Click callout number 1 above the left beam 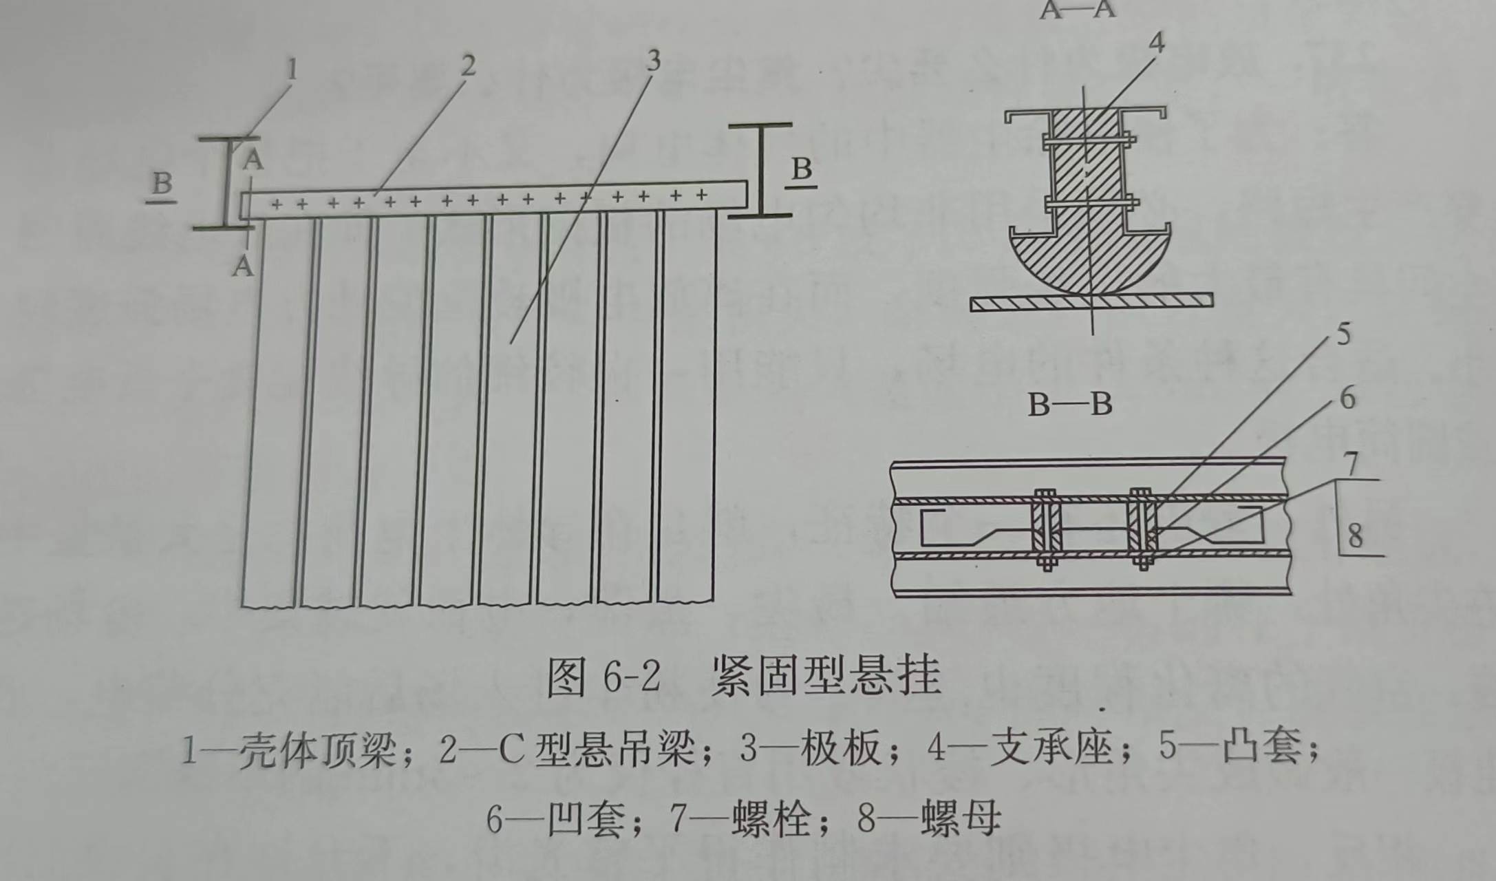click(x=292, y=70)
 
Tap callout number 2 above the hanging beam click(x=468, y=66)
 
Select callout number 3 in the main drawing click(x=652, y=61)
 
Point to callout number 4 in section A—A click(x=1157, y=43)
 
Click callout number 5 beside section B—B click(x=1343, y=335)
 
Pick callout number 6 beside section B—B click(x=1347, y=398)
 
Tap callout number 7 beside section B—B click(x=1351, y=463)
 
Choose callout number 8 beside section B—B click(x=1355, y=535)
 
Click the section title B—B click(x=1070, y=405)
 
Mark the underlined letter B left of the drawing click(x=162, y=184)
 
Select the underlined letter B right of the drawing click(x=802, y=169)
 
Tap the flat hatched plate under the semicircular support click(x=1091, y=301)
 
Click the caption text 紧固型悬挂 click(x=826, y=676)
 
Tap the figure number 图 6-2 click(x=603, y=677)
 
